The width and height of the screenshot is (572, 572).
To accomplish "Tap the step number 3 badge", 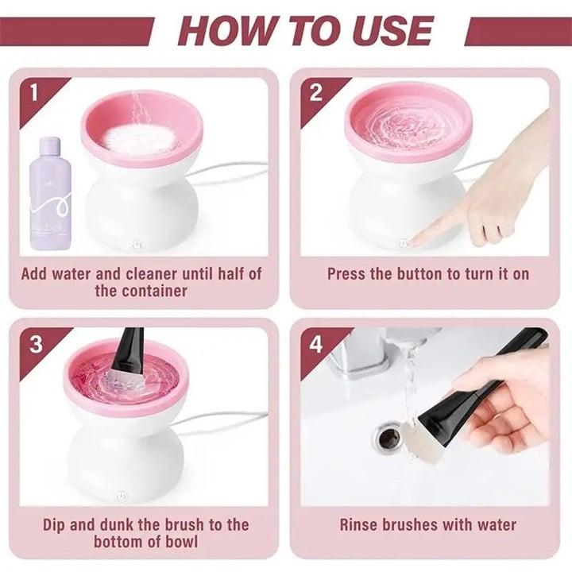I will pyautogui.click(x=36, y=345).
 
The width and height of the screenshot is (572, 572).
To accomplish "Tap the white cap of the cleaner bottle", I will pyautogui.click(x=50, y=146).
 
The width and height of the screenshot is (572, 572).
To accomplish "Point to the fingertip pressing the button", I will pyautogui.click(x=416, y=238).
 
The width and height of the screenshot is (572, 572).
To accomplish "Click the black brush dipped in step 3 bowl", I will pyautogui.click(x=127, y=350).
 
